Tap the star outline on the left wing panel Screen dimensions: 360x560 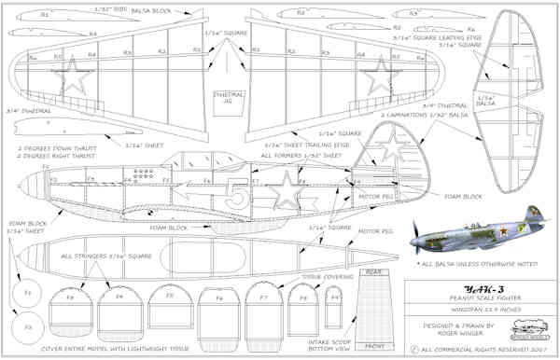(x=68, y=76)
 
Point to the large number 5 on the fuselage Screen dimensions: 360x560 (x=238, y=194)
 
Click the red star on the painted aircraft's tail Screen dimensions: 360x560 (x=532, y=229)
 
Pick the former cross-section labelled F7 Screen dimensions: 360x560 (x=264, y=298)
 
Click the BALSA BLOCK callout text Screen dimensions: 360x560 (x=147, y=10)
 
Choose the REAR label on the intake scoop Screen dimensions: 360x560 (x=372, y=273)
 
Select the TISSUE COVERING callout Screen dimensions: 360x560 (x=326, y=277)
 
